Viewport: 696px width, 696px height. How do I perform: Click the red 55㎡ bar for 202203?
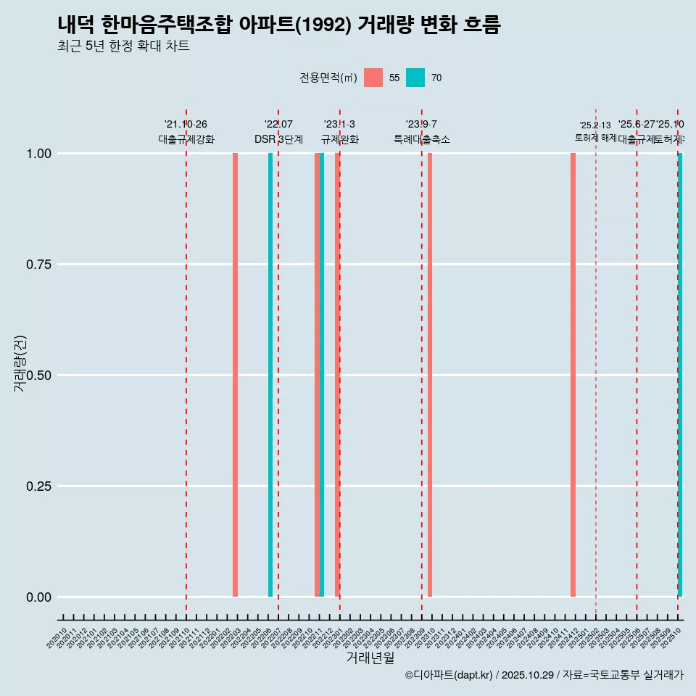pos(235,375)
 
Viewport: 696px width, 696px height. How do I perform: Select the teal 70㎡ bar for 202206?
pos(270,375)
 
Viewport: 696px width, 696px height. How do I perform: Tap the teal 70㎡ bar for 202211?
pos(322,375)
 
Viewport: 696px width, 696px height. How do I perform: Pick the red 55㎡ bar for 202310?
pos(430,375)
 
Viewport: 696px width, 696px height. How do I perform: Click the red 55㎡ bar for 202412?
pos(573,375)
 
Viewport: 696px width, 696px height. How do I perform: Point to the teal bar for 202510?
pos(680,375)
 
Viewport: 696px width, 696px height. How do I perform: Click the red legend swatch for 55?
pos(373,78)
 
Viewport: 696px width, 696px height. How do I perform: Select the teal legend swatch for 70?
pos(415,78)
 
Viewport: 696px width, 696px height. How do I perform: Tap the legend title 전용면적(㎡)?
pos(328,78)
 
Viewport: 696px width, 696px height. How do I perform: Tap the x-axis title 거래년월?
pos(370,658)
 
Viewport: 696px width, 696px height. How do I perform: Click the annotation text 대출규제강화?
pos(186,139)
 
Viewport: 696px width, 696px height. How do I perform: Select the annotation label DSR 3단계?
pos(278,139)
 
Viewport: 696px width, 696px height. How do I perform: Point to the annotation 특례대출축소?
pos(422,139)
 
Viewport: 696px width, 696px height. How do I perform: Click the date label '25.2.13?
pos(595,125)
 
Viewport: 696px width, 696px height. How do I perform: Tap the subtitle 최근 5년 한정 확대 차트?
pos(123,46)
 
